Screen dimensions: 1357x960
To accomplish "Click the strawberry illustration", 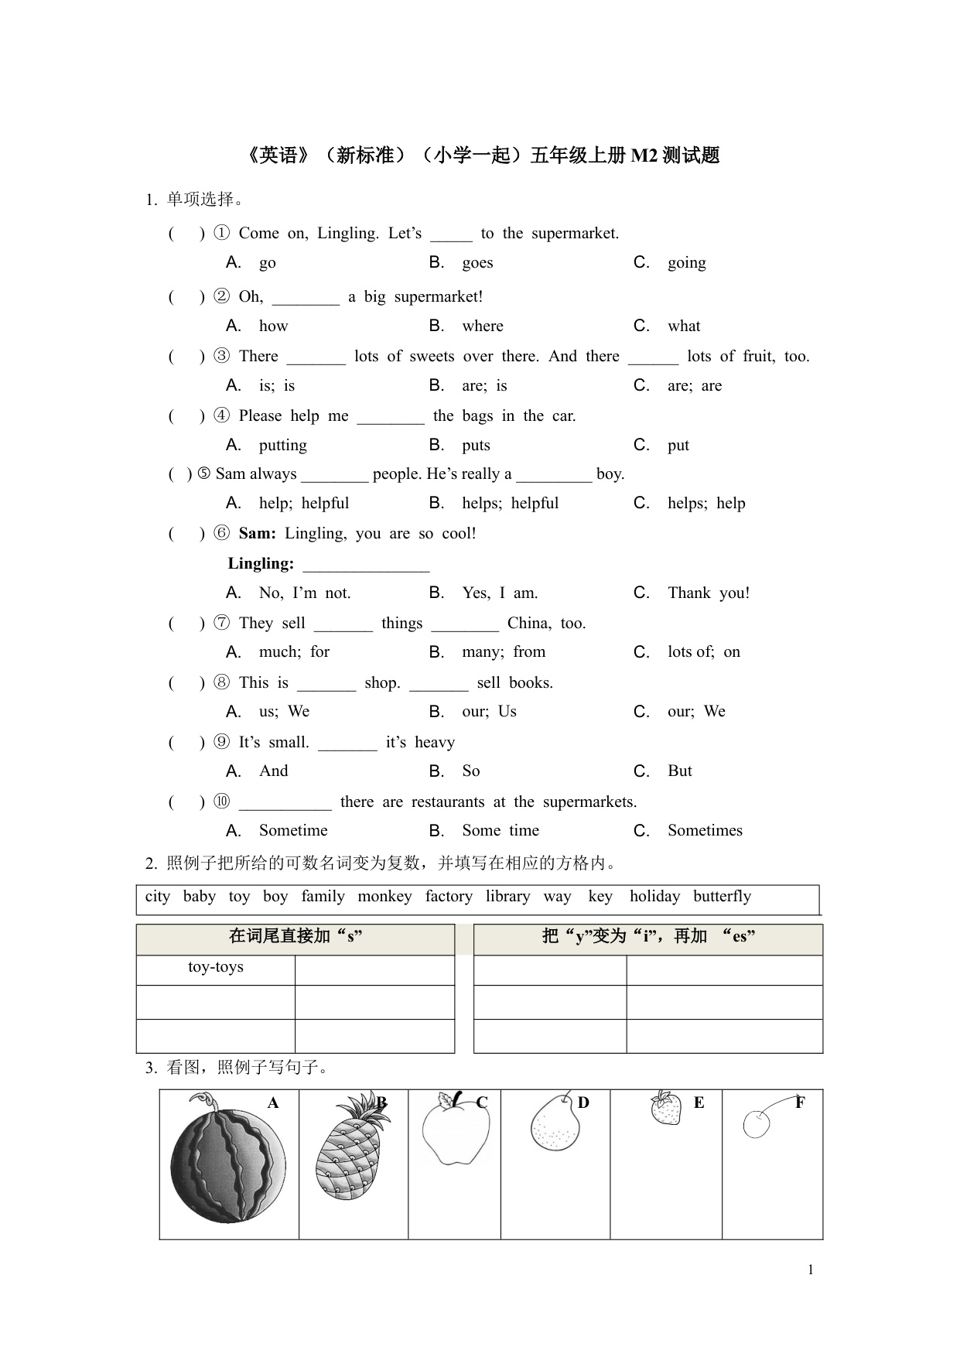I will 666,1108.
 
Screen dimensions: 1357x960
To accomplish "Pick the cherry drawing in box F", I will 757,1123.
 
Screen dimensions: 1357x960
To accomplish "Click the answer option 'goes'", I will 477,263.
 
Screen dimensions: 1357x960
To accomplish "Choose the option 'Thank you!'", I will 709,593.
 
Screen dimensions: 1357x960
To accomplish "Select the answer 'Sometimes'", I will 705,831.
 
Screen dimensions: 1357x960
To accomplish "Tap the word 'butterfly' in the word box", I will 722,897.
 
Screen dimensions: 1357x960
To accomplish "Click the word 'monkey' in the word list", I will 384,897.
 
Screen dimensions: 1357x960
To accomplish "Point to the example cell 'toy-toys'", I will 216,967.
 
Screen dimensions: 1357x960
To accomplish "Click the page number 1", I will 811,1270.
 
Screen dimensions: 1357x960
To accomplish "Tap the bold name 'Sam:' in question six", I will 258,534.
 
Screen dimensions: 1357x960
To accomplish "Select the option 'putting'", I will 282,446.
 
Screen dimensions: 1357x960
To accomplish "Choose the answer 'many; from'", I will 504,652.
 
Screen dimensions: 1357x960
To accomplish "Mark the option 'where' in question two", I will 483,326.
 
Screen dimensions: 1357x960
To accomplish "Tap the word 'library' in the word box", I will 507,897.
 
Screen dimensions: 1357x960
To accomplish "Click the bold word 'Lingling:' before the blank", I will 261,564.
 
